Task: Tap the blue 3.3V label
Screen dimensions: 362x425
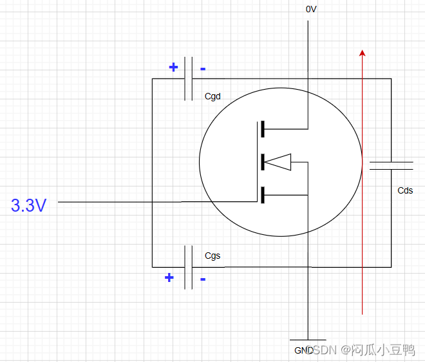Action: click(x=29, y=206)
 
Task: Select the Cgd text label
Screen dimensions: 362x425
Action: click(x=212, y=97)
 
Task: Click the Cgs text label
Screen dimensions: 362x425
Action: click(x=212, y=256)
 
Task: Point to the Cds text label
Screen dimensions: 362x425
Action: click(x=405, y=190)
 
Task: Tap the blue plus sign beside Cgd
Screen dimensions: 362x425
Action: click(x=173, y=67)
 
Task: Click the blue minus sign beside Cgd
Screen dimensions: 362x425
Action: click(x=203, y=68)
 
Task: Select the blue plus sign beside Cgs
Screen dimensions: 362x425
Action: click(x=169, y=278)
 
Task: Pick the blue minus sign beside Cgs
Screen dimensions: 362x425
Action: click(x=203, y=279)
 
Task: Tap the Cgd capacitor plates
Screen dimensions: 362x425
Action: click(x=189, y=79)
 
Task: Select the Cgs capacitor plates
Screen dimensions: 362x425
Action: click(x=189, y=266)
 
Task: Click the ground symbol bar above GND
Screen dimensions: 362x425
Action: click(x=308, y=339)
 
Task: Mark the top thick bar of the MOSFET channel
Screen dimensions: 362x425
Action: click(x=262, y=129)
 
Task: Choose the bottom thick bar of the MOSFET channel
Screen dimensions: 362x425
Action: click(x=262, y=194)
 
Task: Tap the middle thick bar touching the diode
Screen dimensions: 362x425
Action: click(x=262, y=162)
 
